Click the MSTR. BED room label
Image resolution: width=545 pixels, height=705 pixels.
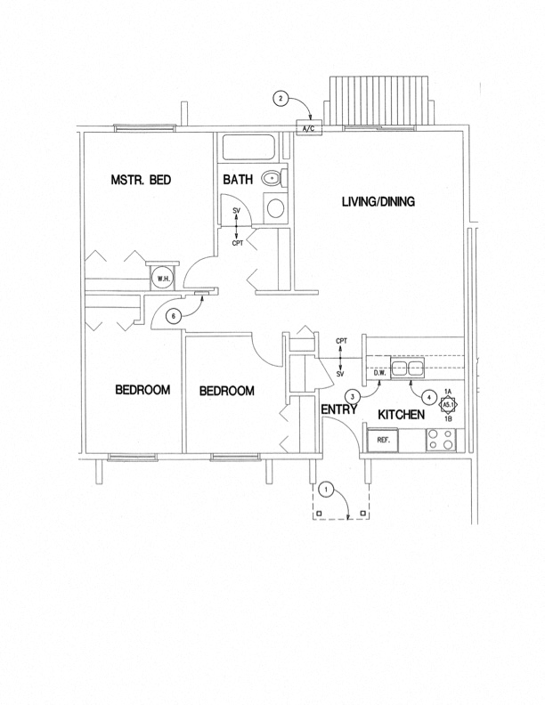click(140, 180)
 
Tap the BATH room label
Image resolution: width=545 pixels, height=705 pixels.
click(238, 180)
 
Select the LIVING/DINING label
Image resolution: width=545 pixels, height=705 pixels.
click(378, 202)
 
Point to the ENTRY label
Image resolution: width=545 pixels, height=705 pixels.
click(339, 410)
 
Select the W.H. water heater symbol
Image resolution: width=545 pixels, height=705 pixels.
click(163, 278)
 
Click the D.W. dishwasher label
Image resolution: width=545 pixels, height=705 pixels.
click(379, 373)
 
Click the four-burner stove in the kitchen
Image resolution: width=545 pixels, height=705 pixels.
click(441, 440)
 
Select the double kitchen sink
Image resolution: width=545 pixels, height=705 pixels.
click(409, 369)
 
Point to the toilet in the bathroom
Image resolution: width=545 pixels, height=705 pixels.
click(272, 180)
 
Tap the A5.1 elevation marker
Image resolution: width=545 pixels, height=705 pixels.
click(449, 404)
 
